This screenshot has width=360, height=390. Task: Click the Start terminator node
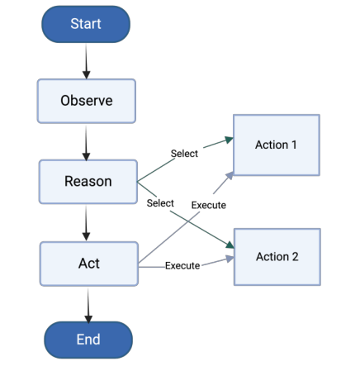tap(86, 24)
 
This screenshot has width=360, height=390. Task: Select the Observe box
tap(86, 101)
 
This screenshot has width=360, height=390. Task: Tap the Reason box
tap(88, 181)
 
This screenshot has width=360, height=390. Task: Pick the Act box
tap(88, 263)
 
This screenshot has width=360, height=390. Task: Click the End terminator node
tap(88, 339)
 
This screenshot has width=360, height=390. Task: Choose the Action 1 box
tap(276, 145)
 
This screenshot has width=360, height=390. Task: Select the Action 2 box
tap(277, 256)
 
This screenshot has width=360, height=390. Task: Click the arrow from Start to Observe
tap(86, 61)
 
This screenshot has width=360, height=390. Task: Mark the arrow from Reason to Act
tap(88, 221)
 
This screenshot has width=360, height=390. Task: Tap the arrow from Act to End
tap(88, 302)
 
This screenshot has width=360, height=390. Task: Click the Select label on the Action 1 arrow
tap(184, 154)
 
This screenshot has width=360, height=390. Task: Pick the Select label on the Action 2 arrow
tap(160, 202)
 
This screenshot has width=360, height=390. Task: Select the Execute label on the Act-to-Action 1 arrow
tap(208, 205)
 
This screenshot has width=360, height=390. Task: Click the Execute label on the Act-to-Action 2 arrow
tap(182, 265)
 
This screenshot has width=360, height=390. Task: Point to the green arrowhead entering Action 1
tap(228, 140)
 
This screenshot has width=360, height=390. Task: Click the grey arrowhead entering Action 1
tap(230, 169)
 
